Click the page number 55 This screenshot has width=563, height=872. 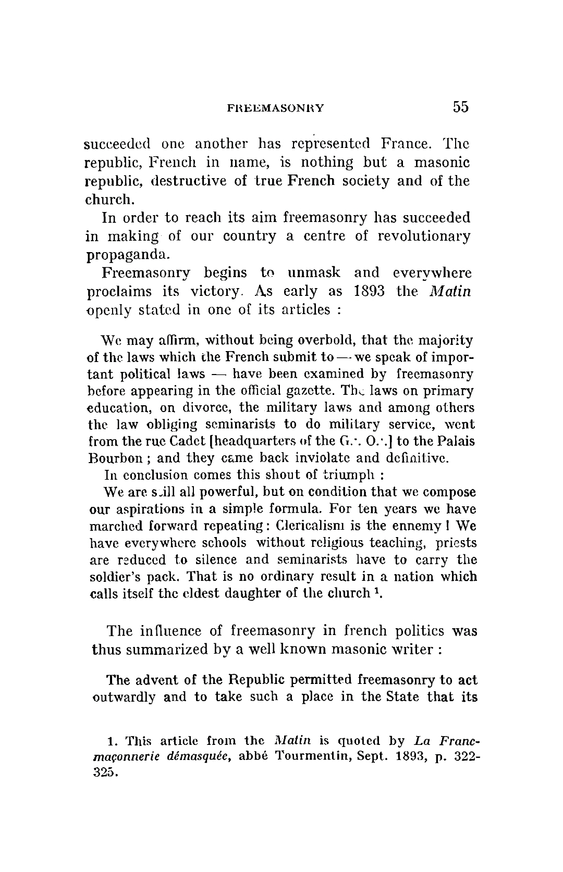point(461,107)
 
